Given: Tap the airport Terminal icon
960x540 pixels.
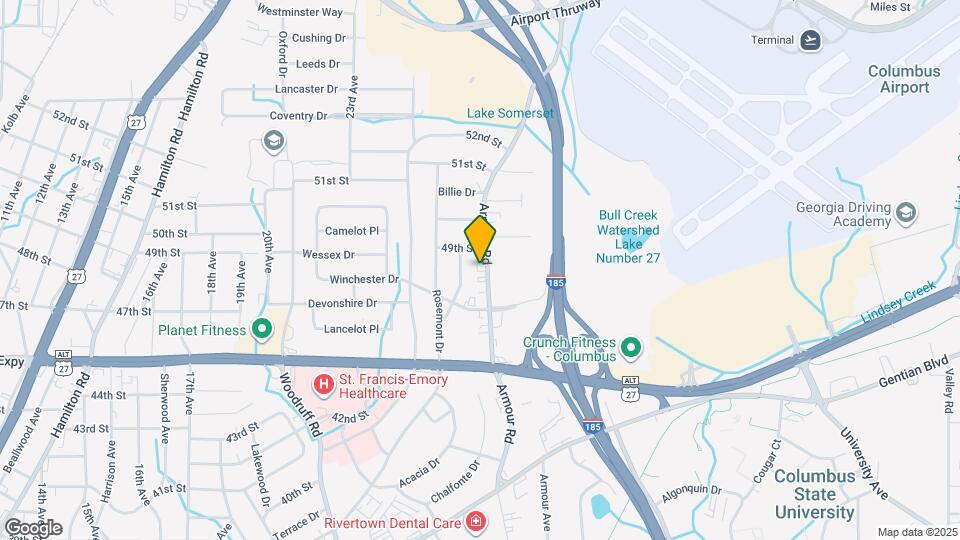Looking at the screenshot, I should [810, 40].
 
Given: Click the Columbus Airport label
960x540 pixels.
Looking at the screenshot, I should [904, 79].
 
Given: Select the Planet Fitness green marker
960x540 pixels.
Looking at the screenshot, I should [263, 329].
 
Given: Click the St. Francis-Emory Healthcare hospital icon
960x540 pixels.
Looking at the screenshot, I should [323, 383].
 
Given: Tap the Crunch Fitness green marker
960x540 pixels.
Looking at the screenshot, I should [630, 348].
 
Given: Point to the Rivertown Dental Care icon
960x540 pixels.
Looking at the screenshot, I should [476, 522].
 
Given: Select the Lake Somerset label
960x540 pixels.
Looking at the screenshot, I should [510, 113].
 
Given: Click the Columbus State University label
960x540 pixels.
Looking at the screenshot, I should [815, 494].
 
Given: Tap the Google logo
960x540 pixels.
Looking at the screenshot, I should [33, 527].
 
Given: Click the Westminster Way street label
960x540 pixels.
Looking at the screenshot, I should [300, 12].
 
